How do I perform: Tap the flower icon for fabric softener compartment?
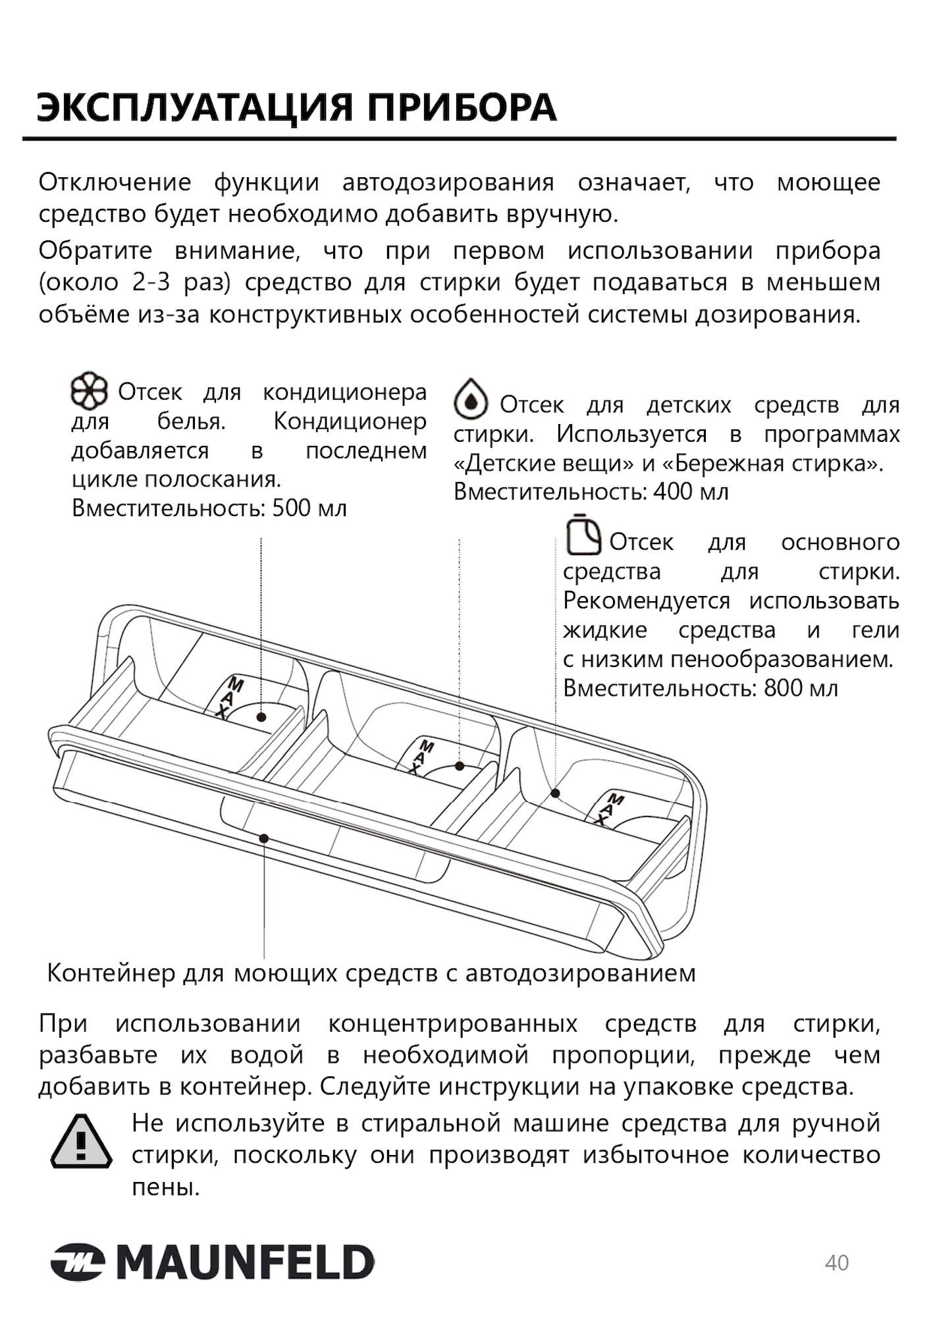(88, 392)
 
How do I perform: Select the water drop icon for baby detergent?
(470, 398)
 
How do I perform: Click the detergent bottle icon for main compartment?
(583, 535)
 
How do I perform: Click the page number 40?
(837, 1263)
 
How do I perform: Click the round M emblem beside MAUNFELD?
(78, 1263)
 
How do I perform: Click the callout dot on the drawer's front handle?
(263, 838)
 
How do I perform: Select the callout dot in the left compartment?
(261, 716)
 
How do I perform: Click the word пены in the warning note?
(165, 1187)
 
